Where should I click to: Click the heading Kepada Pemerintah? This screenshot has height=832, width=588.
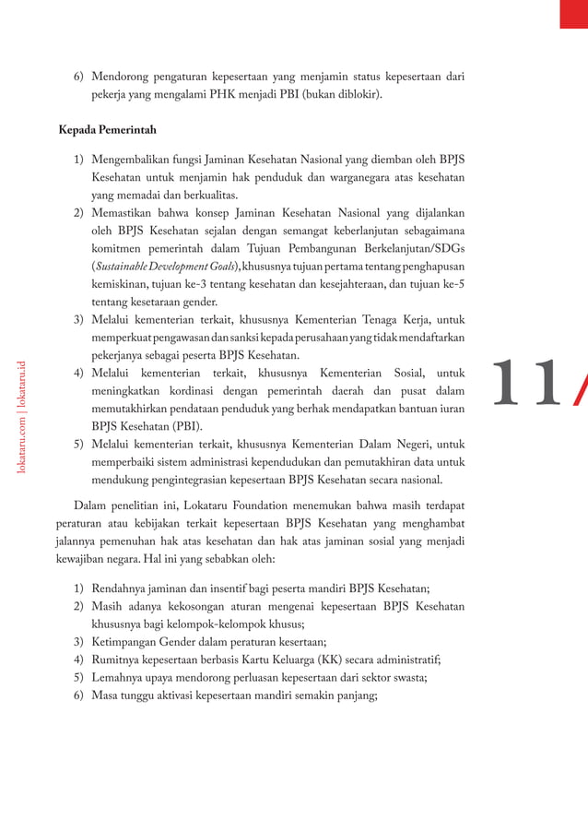pos(107,130)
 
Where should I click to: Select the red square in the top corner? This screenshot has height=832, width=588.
pos(573,14)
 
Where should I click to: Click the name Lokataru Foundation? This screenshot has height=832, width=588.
pos(239,505)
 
